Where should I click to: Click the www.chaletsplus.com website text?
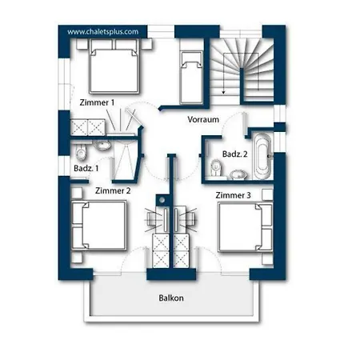pyautogui.click(x=103, y=32)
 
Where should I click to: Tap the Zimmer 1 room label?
pyautogui.click(x=97, y=102)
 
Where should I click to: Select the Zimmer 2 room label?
pyautogui.click(x=113, y=190)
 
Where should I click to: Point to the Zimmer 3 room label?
pyautogui.click(x=233, y=195)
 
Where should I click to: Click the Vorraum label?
pyautogui.click(x=203, y=119)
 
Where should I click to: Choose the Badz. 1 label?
pyautogui.click(x=86, y=168)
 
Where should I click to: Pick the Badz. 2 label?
pyautogui.click(x=234, y=154)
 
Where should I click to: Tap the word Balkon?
pyautogui.click(x=171, y=298)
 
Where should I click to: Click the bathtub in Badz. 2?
pyautogui.click(x=262, y=156)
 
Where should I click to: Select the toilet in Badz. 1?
pyautogui.click(x=81, y=152)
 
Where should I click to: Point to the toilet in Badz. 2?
pyautogui.click(x=216, y=168)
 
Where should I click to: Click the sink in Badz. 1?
pyautogui.click(x=102, y=145)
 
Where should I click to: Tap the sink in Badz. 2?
pyautogui.click(x=238, y=174)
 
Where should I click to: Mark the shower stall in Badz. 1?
pyautogui.click(x=126, y=160)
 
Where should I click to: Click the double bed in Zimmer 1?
pyautogui.click(x=114, y=66)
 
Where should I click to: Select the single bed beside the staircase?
pyautogui.click(x=191, y=78)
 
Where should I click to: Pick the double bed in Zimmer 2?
pyautogui.click(x=99, y=226)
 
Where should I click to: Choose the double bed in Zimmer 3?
pyautogui.click(x=246, y=227)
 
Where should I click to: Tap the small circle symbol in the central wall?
pyautogui.click(x=162, y=200)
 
